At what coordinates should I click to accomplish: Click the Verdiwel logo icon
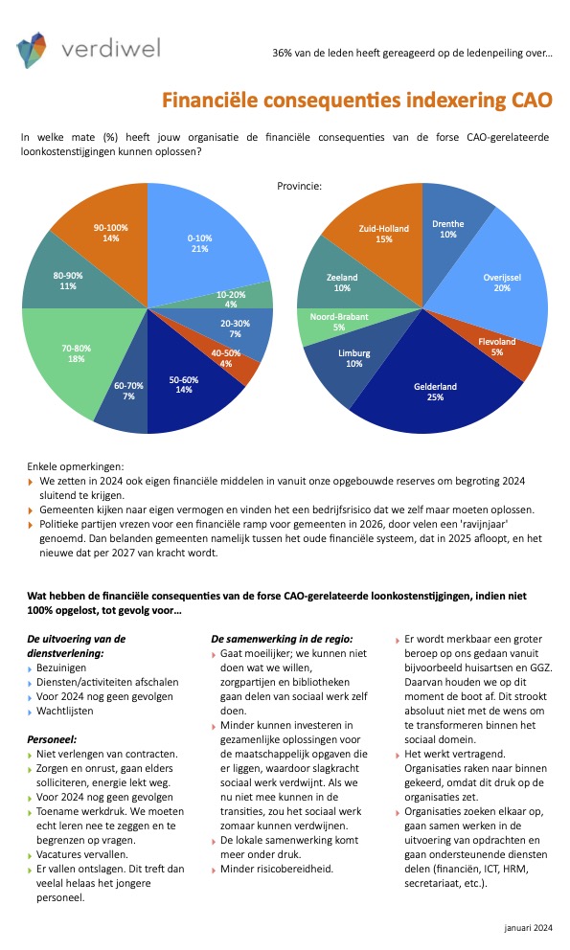click(x=32, y=50)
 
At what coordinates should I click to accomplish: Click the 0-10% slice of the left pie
click(x=200, y=242)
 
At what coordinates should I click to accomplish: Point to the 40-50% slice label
click(x=226, y=358)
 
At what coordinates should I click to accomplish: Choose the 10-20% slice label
click(x=231, y=300)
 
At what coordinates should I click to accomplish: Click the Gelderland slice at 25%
click(x=435, y=392)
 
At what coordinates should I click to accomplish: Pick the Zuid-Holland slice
click(x=384, y=234)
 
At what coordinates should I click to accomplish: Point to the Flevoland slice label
click(x=497, y=347)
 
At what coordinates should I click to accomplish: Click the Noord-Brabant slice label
click(x=339, y=322)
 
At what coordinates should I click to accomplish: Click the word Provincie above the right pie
click(x=300, y=186)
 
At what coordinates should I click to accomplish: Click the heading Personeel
click(x=52, y=739)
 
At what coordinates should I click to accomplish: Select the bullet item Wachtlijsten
click(x=65, y=712)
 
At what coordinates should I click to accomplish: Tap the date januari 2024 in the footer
click(x=528, y=928)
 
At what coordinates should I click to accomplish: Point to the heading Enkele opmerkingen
click(x=75, y=466)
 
